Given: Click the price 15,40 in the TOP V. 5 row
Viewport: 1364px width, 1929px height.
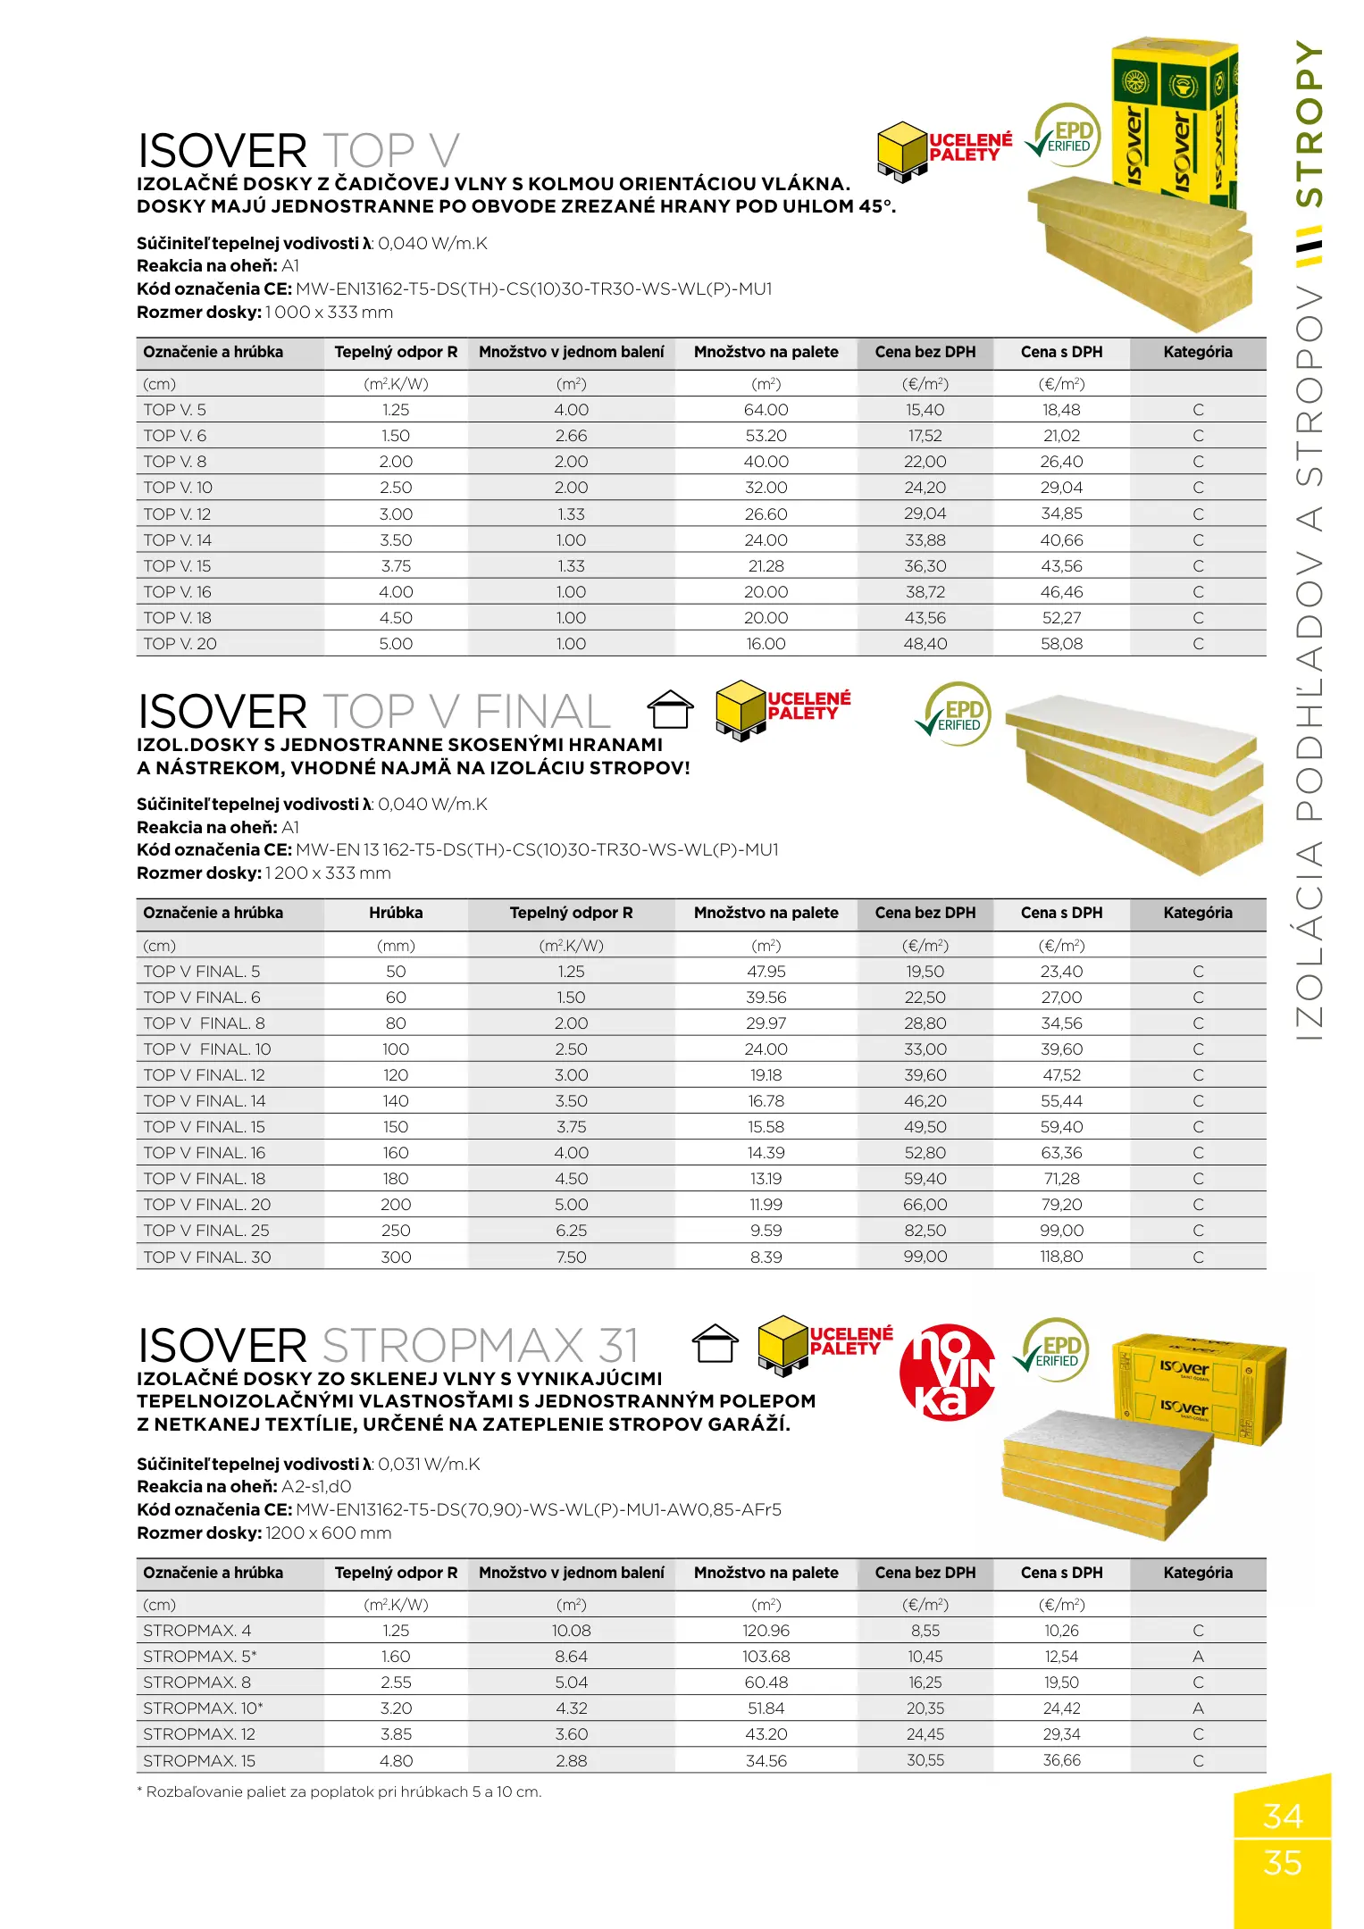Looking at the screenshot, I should point(925,410).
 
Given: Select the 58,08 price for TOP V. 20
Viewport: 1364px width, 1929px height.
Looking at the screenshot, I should point(1061,644).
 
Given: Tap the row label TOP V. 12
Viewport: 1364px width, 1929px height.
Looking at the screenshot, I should point(177,514).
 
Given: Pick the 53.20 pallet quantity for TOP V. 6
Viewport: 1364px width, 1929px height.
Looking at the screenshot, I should point(766,436).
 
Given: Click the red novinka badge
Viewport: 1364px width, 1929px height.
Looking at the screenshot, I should point(947,1373).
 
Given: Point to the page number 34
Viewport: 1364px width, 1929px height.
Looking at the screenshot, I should point(1282,1816).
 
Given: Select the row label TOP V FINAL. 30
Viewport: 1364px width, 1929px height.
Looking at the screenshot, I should point(206,1257).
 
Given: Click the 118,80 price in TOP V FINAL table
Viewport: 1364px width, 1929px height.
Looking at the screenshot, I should point(1061,1257).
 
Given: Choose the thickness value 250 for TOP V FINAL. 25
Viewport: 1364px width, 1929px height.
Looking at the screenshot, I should point(396,1231).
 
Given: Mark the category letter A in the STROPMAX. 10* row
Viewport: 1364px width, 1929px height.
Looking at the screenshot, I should point(1198,1708).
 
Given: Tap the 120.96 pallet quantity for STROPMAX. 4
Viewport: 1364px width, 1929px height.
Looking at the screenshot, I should point(766,1631).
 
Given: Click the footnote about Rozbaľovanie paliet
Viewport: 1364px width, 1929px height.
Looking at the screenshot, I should point(339,1792).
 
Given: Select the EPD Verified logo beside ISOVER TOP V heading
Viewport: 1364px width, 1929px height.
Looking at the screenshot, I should point(1066,136).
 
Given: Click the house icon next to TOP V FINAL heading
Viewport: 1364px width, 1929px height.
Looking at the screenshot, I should point(670,710).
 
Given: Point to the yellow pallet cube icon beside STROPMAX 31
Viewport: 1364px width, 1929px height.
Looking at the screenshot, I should point(782,1343).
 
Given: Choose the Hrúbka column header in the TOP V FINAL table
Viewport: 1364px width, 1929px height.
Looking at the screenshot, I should point(396,913).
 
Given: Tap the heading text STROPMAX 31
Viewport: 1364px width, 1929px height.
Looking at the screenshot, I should point(480,1346).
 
